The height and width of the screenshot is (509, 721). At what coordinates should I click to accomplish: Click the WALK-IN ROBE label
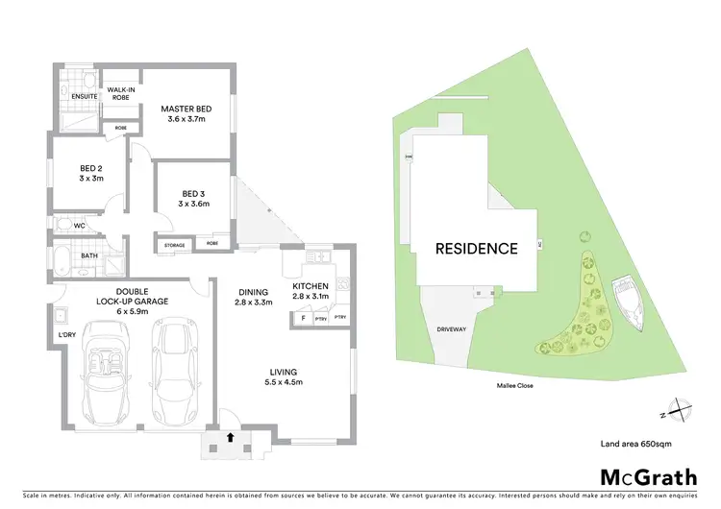[x=120, y=93]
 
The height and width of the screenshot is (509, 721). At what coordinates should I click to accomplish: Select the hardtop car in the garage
[x=175, y=368]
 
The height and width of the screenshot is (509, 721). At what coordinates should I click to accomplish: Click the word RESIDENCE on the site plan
[x=477, y=249]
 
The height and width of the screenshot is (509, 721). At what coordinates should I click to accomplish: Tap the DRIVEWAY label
[x=452, y=329]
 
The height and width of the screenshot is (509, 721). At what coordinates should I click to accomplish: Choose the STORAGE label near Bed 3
[x=174, y=245]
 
